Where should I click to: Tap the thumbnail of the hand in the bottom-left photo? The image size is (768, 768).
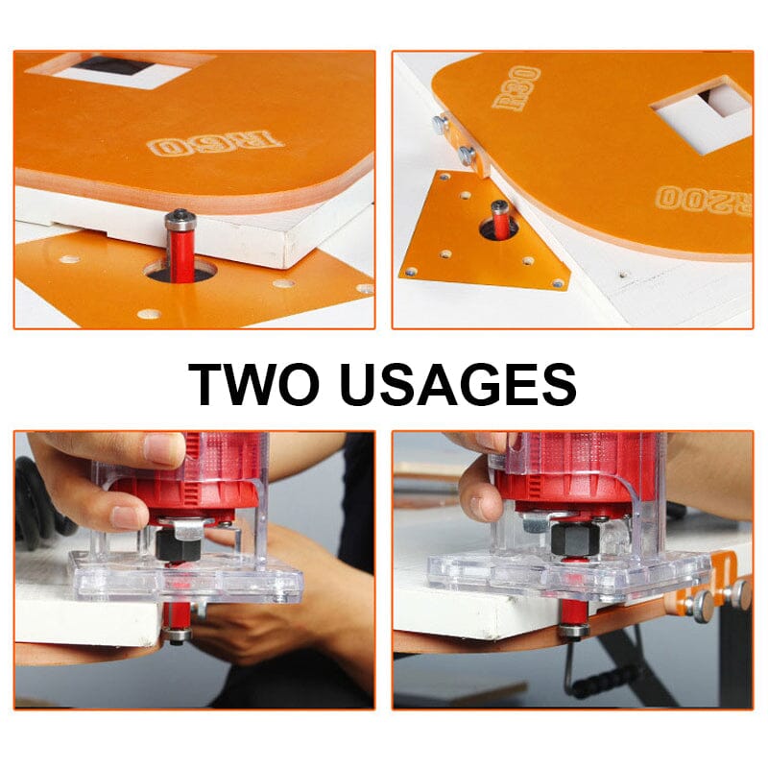[x=163, y=449]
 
